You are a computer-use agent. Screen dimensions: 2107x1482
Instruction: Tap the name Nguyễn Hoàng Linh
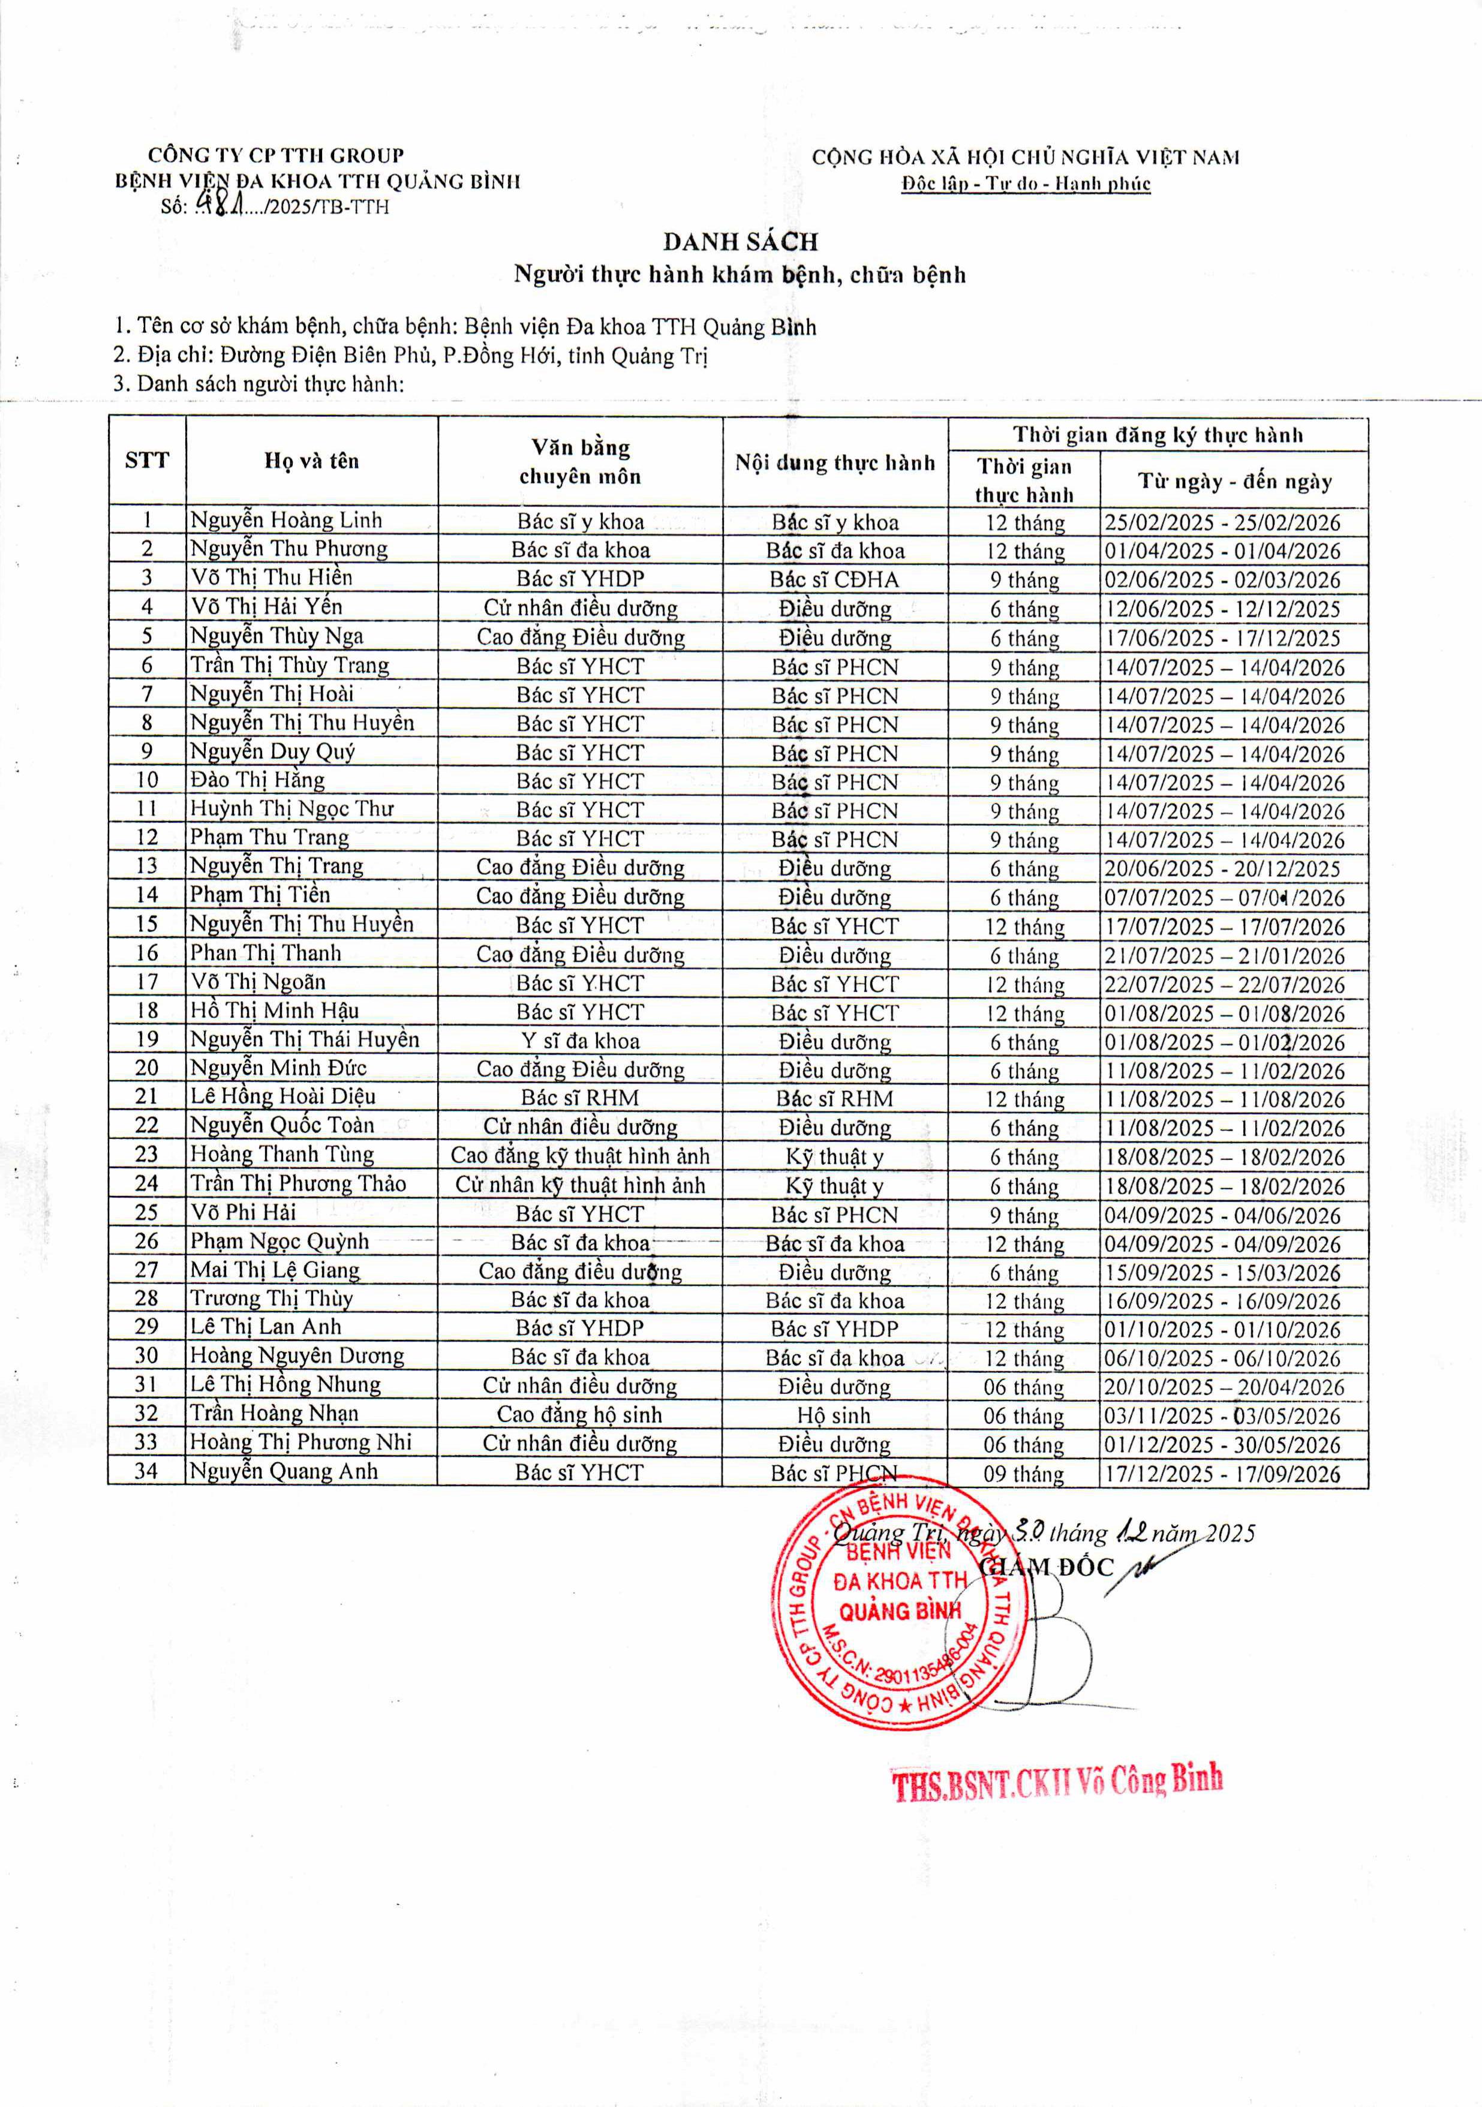tap(285, 521)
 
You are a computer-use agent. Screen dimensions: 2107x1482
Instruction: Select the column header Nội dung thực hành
tap(834, 462)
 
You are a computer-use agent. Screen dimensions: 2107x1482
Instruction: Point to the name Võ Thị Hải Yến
tap(266, 606)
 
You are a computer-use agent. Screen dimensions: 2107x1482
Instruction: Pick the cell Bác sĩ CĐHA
tap(834, 580)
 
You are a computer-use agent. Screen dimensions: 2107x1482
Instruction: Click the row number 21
tap(147, 1096)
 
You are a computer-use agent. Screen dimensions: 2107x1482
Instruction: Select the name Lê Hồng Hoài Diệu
tap(282, 1096)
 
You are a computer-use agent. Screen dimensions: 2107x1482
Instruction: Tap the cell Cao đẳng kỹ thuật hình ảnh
tap(580, 1156)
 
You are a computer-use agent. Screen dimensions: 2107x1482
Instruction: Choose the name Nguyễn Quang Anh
tap(284, 1472)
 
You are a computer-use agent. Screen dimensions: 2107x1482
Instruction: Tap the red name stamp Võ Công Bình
tap(1057, 1782)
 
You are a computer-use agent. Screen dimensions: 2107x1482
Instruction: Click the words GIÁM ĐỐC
tap(1046, 1567)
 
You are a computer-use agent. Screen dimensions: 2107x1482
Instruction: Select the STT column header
tap(147, 461)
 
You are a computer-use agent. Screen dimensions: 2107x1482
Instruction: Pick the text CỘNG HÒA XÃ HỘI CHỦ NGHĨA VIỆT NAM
tap(1025, 158)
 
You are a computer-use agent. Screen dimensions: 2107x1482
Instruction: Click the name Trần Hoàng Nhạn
tap(273, 1414)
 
